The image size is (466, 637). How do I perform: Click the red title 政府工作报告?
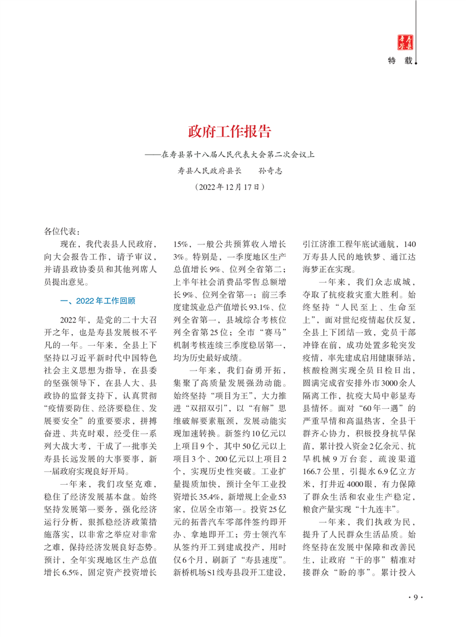pyautogui.click(x=233, y=131)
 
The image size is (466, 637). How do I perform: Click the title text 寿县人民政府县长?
pyautogui.click(x=210, y=171)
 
